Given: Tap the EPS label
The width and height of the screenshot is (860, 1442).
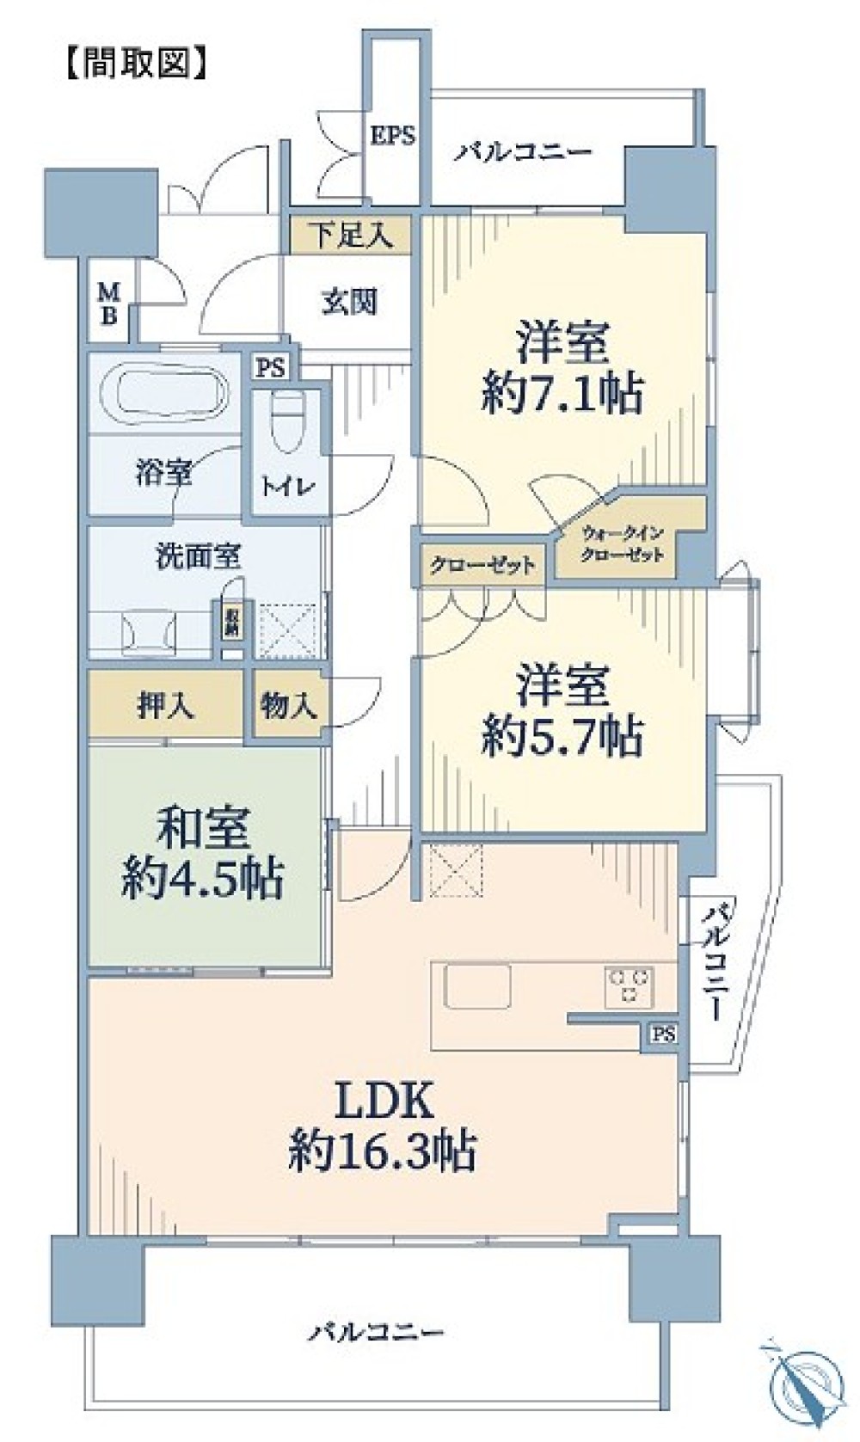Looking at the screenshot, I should pyautogui.click(x=393, y=135).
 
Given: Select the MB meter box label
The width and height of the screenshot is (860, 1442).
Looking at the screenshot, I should pyautogui.click(x=109, y=305).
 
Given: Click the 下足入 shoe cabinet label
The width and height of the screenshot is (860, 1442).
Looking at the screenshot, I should pyautogui.click(x=350, y=235).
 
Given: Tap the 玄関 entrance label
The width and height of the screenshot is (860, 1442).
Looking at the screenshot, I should pyautogui.click(x=349, y=302).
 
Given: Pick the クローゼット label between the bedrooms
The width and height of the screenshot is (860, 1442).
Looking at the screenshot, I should pyautogui.click(x=482, y=566).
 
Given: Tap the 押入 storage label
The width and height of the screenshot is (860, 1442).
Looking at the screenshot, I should pyautogui.click(x=165, y=706).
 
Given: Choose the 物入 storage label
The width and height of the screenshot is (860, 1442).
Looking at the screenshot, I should pyautogui.click(x=288, y=706).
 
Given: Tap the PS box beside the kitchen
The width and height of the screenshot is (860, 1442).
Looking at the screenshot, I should pyautogui.click(x=663, y=1034).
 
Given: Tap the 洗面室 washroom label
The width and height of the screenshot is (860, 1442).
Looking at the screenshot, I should pyautogui.click(x=197, y=557).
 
